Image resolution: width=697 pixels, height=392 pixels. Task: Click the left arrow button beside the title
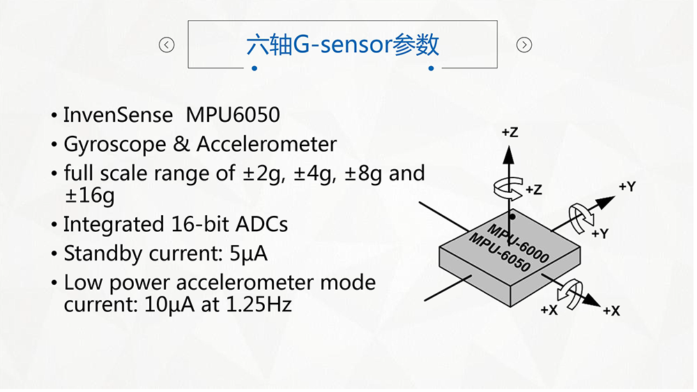167,45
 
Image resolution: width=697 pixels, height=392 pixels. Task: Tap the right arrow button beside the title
524,45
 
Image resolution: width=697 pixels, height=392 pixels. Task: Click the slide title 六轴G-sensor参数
343,45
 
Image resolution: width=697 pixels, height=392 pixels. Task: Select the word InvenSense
118,114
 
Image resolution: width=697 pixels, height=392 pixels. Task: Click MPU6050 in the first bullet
233,114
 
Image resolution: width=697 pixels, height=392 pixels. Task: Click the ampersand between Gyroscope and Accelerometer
182,144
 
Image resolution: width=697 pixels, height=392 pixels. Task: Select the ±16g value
89,196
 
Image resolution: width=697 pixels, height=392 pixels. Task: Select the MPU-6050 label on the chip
500,253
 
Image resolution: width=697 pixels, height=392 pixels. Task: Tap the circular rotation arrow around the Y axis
581,217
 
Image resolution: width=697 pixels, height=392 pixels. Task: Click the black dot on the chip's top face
512,217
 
